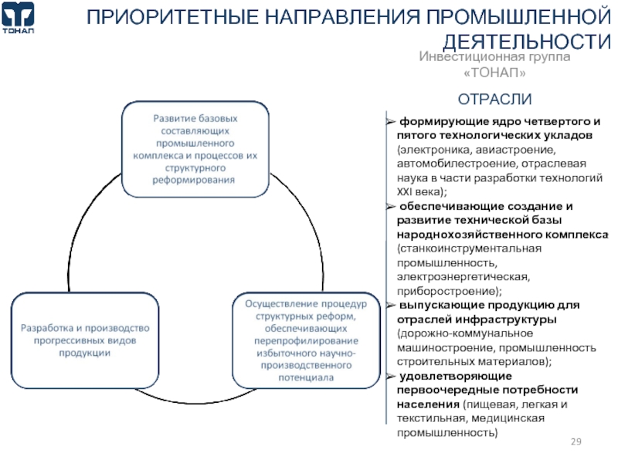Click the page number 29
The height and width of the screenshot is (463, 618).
pyautogui.click(x=576, y=441)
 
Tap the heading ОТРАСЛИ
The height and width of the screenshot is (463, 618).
pyautogui.click(x=495, y=100)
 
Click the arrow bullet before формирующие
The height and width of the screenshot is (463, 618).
pyautogui.click(x=391, y=122)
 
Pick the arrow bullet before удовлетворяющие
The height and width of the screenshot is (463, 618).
pyautogui.click(x=391, y=376)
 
